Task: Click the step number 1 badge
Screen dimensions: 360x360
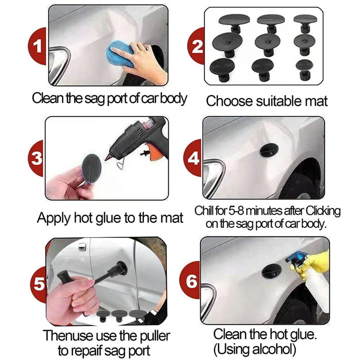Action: [36, 46]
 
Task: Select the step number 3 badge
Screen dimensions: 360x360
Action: [36, 159]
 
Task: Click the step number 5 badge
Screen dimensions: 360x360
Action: [39, 284]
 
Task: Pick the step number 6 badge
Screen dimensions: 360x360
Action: [192, 281]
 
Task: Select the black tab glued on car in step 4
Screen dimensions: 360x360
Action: [269, 150]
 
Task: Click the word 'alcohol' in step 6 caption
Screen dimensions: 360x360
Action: [279, 348]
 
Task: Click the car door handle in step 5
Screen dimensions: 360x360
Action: [82, 247]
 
